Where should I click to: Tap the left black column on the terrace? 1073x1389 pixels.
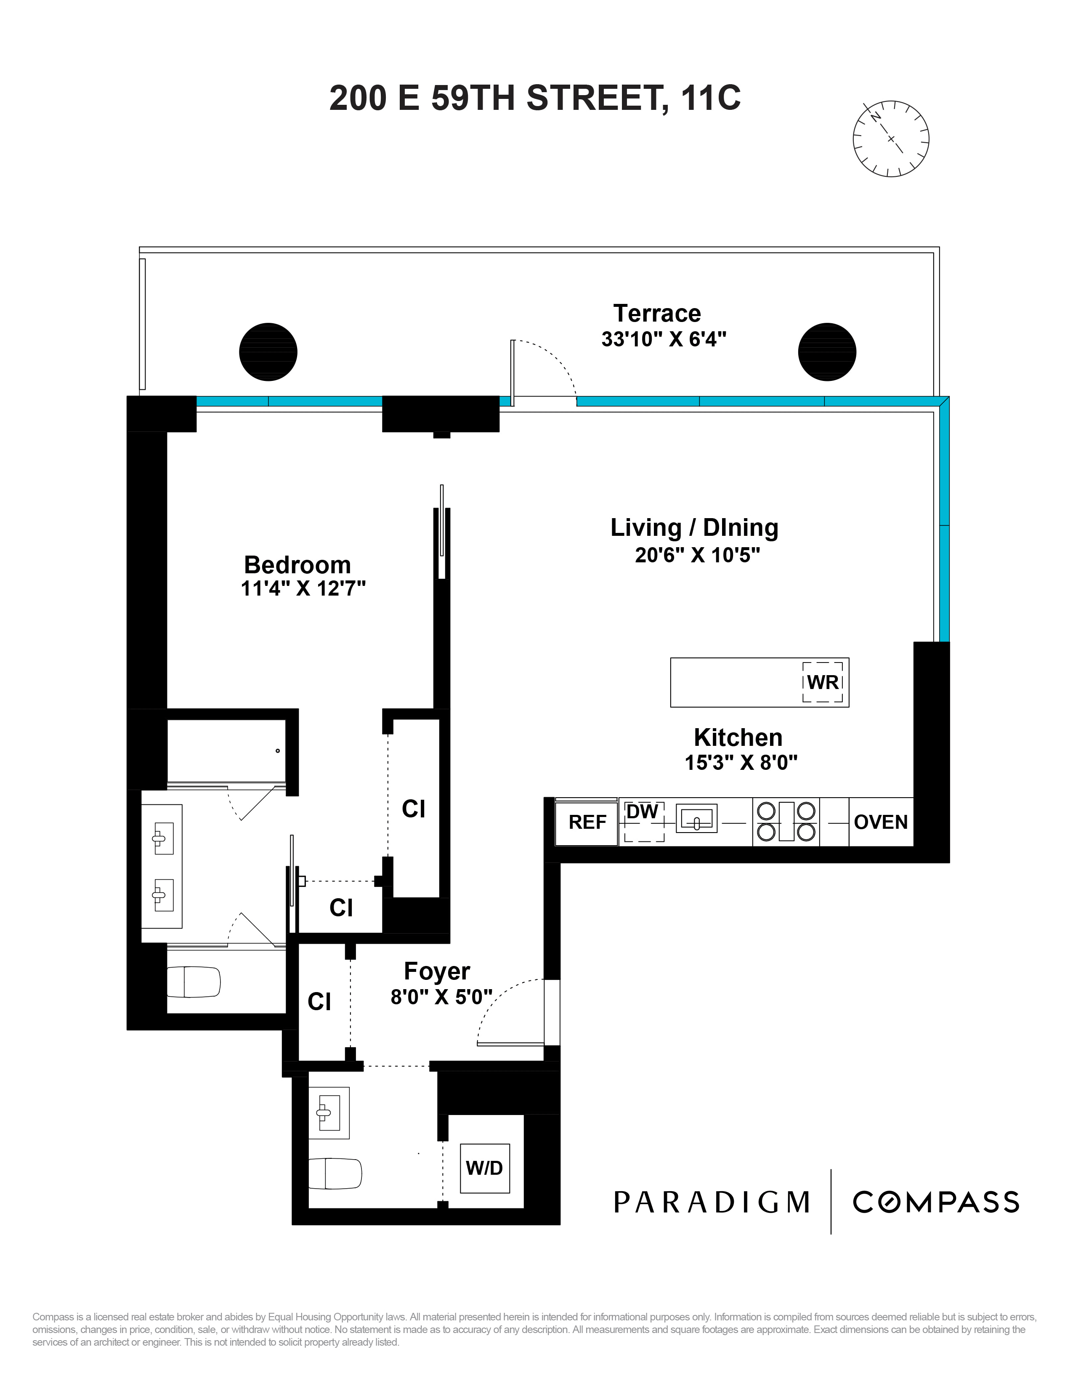coord(268,352)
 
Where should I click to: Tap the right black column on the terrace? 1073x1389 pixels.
coord(827,352)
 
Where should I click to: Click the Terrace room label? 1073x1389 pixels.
coord(657,314)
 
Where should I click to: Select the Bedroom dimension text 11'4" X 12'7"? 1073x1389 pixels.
coord(303,589)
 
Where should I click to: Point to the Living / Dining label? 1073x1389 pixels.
coord(695,528)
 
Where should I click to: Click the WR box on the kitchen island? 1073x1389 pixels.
coord(823,682)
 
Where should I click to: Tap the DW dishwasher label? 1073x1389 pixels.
coord(642,812)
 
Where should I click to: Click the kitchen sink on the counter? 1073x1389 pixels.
coord(697,819)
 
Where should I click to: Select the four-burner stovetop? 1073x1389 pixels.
coord(786,822)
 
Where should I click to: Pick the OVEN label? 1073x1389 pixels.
coord(880,822)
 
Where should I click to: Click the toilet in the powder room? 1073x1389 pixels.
coord(335,1173)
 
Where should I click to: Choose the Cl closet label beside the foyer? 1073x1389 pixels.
coord(319,1002)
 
